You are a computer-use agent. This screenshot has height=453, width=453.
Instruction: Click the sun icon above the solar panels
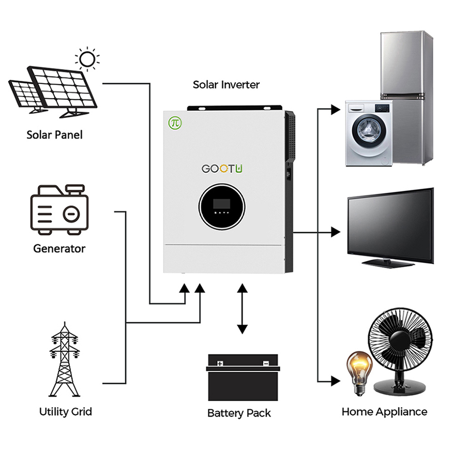(87, 58)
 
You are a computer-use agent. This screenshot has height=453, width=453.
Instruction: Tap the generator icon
(59, 210)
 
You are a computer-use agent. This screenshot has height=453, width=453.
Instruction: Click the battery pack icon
(243, 377)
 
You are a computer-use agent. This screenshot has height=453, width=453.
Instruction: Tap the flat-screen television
(390, 226)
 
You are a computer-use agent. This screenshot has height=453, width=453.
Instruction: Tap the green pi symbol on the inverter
(175, 122)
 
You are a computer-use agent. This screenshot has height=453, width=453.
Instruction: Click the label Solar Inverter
(226, 84)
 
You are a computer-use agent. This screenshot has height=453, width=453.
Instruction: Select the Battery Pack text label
(239, 413)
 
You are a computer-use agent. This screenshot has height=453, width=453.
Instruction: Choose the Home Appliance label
(384, 412)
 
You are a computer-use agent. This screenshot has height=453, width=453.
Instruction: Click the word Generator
(59, 248)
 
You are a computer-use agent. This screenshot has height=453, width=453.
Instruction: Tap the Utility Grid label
(65, 412)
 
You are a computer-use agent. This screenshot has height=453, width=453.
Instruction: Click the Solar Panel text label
(54, 135)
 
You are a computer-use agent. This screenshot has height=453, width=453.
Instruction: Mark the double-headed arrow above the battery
(242, 309)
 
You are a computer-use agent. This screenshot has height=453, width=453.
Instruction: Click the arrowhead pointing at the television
(336, 232)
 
